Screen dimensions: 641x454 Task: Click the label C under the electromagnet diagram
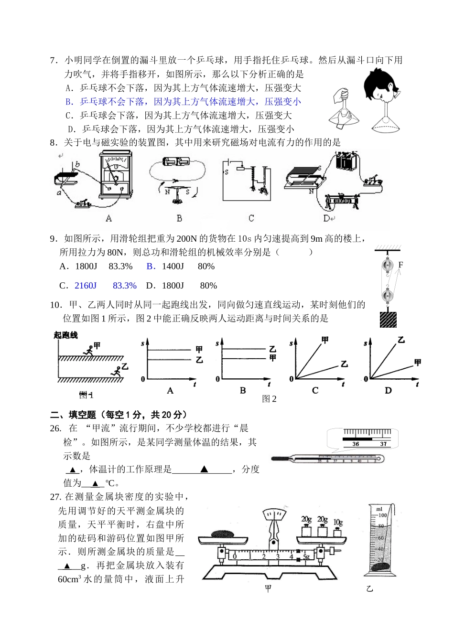click(x=251, y=218)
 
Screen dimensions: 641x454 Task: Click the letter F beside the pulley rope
click(x=400, y=265)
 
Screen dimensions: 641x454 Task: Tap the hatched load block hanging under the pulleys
click(x=388, y=319)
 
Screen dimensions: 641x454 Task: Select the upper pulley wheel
click(x=387, y=267)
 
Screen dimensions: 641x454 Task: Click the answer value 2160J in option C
click(x=86, y=286)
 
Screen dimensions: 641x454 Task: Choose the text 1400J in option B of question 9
click(x=173, y=267)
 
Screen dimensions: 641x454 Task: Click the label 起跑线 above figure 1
click(x=65, y=335)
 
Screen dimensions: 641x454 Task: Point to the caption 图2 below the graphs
click(x=269, y=399)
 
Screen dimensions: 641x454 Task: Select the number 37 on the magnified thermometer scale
click(x=383, y=444)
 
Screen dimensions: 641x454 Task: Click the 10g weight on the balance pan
click(x=338, y=531)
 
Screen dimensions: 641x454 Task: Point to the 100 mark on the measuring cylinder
click(x=382, y=515)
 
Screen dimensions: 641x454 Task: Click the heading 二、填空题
click(x=73, y=415)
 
